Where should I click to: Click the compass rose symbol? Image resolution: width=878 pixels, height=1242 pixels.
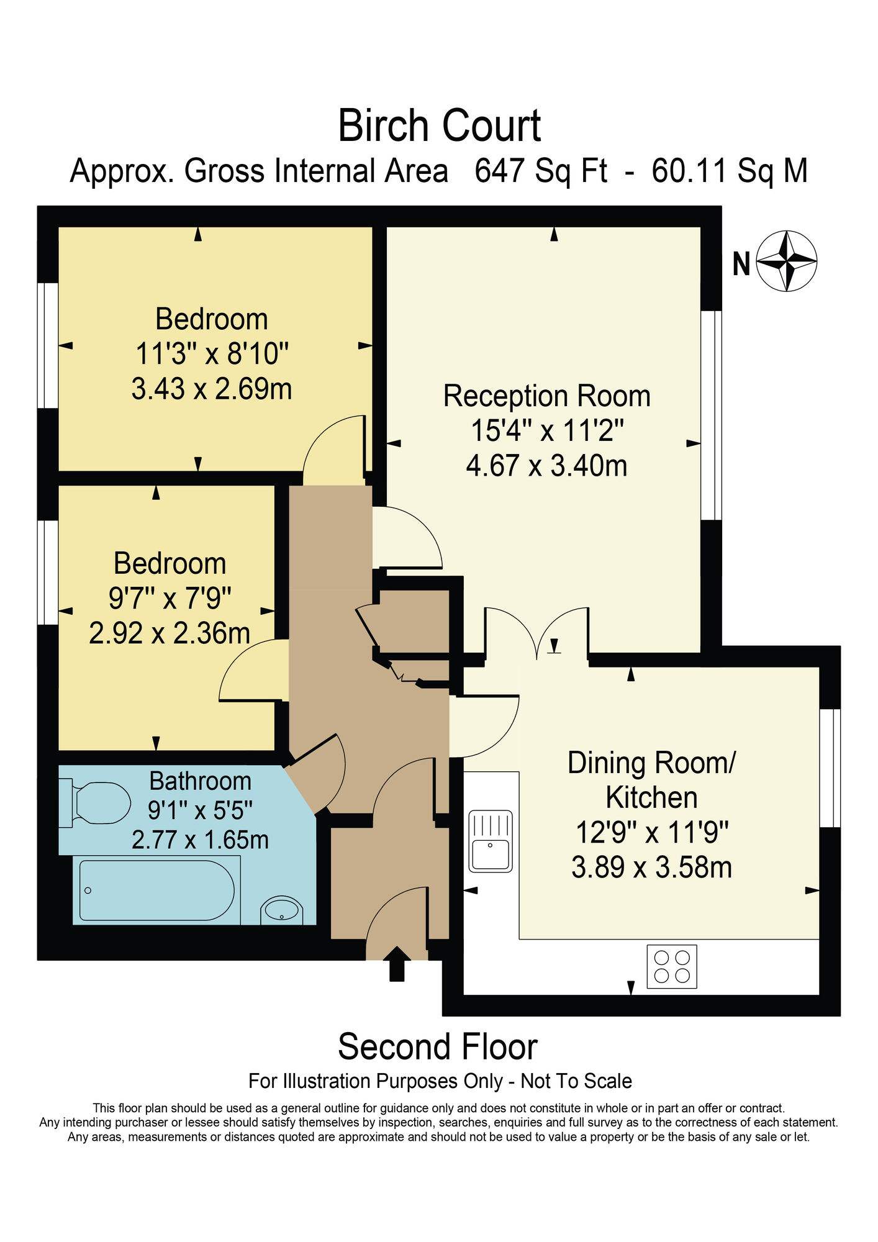point(787,261)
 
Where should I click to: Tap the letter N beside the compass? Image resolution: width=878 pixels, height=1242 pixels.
point(741,264)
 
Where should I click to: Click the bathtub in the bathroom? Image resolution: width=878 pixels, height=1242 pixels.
point(156,891)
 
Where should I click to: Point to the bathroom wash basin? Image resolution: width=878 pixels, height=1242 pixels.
point(282,910)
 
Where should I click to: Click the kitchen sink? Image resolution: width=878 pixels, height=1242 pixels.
point(491,841)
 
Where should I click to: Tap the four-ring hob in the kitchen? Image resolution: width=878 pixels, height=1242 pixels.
point(672,966)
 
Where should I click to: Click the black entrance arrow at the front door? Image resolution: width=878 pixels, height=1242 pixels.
point(396,964)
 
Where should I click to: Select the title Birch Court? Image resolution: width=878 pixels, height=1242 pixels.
point(439,126)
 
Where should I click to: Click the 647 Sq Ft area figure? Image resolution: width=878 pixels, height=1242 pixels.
point(541,171)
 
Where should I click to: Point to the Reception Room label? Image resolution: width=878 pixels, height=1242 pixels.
point(546,396)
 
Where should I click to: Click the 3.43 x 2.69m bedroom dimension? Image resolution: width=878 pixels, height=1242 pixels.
point(212,389)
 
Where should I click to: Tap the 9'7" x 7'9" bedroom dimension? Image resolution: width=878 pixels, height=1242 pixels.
point(170,599)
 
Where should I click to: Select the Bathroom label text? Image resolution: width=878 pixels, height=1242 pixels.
point(200,781)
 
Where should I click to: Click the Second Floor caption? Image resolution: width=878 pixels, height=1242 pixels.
point(438,1046)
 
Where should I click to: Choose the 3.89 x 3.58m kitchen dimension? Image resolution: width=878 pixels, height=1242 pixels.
point(651,867)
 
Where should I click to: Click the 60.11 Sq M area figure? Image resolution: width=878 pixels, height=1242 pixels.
point(730,171)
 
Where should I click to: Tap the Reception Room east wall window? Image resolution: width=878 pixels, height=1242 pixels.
point(712,415)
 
